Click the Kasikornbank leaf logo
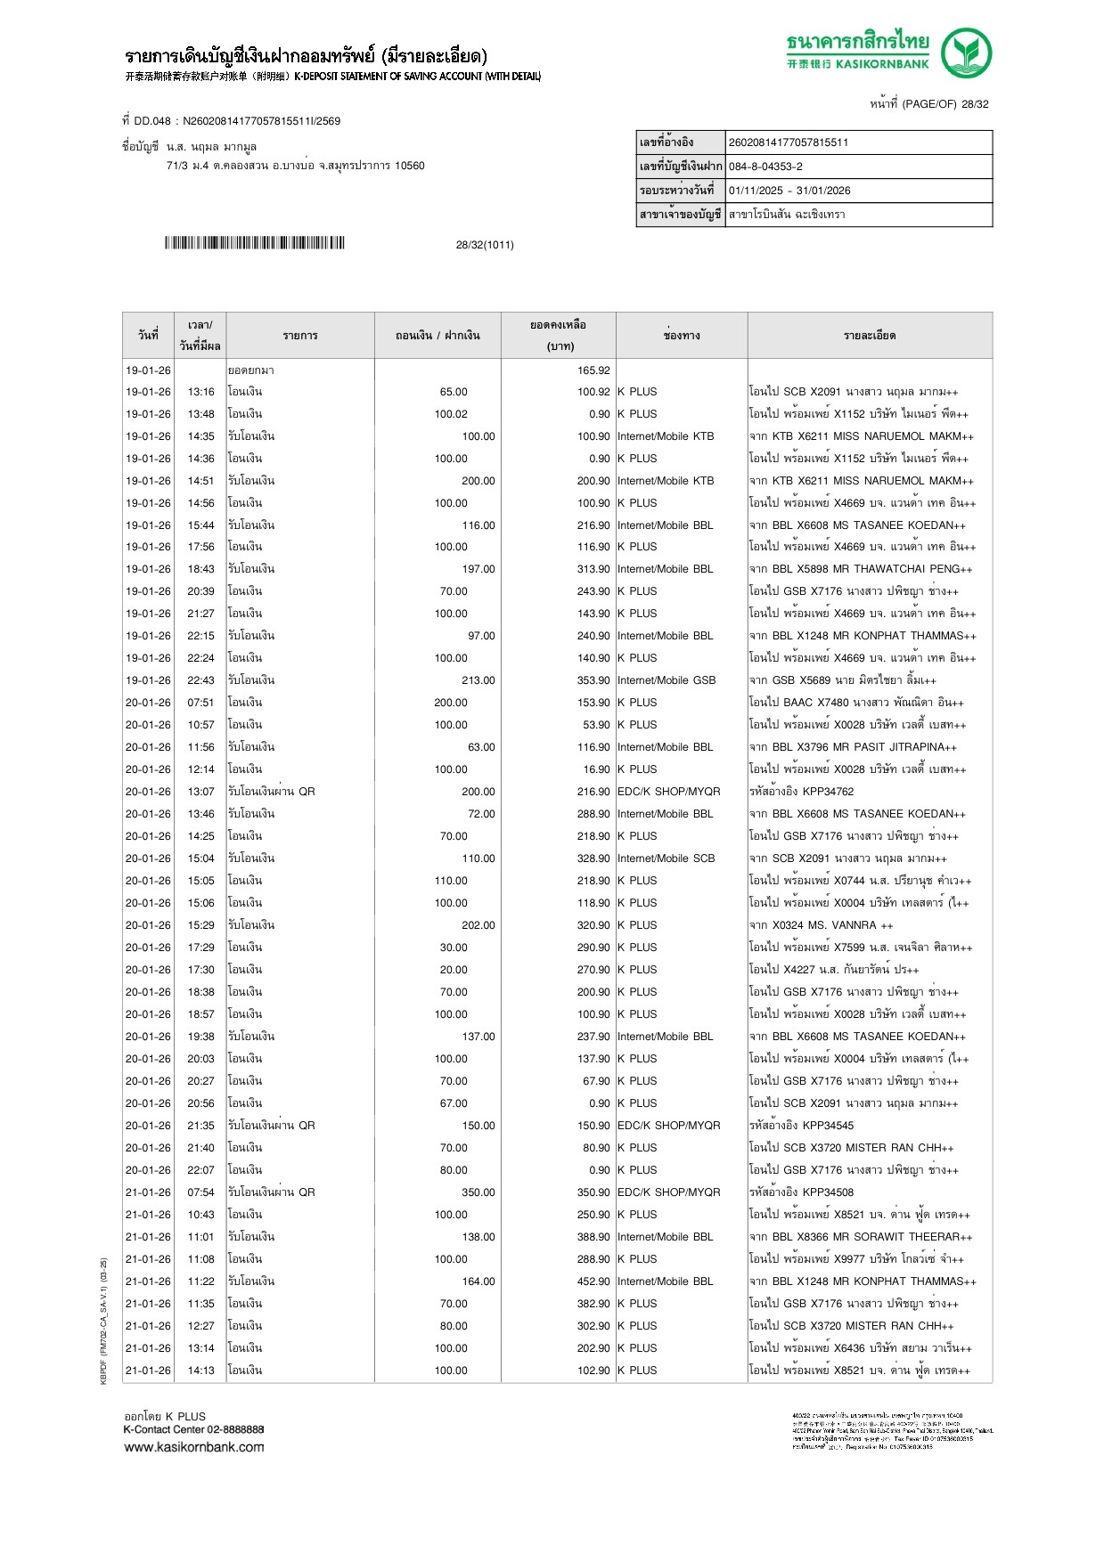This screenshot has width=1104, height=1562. click(x=967, y=53)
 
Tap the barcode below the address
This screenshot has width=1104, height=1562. click(x=254, y=243)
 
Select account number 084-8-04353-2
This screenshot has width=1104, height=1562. click(x=765, y=167)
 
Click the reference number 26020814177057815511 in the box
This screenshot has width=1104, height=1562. click(x=789, y=142)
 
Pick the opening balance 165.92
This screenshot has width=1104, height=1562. click(x=593, y=370)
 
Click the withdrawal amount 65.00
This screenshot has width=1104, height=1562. click(x=453, y=392)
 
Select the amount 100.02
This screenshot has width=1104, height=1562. click(x=451, y=414)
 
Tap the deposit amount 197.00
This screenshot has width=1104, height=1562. click(x=478, y=569)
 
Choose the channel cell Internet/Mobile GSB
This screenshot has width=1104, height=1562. click(x=666, y=680)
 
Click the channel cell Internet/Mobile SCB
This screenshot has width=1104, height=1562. click(x=666, y=858)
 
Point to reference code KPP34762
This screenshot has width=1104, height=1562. click(x=828, y=792)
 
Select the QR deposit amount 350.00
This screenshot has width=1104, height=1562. click(x=478, y=1192)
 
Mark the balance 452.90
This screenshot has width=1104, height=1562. click(x=593, y=1281)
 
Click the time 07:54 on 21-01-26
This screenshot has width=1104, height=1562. click(x=200, y=1192)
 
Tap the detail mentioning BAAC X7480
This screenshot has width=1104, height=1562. click(x=856, y=703)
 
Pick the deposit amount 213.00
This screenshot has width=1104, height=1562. click(x=478, y=680)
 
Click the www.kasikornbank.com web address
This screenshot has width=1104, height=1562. click(x=194, y=1447)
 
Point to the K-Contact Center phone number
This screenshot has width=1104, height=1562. click(x=235, y=1429)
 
